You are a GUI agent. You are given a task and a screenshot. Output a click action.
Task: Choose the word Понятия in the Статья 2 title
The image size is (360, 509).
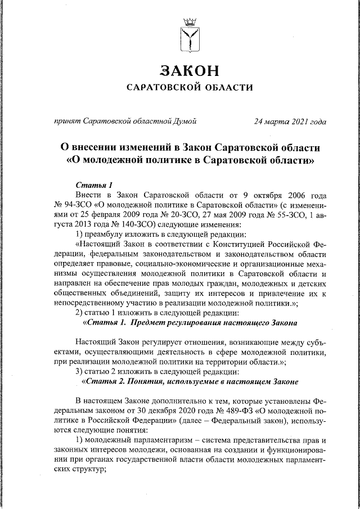[143, 382]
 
